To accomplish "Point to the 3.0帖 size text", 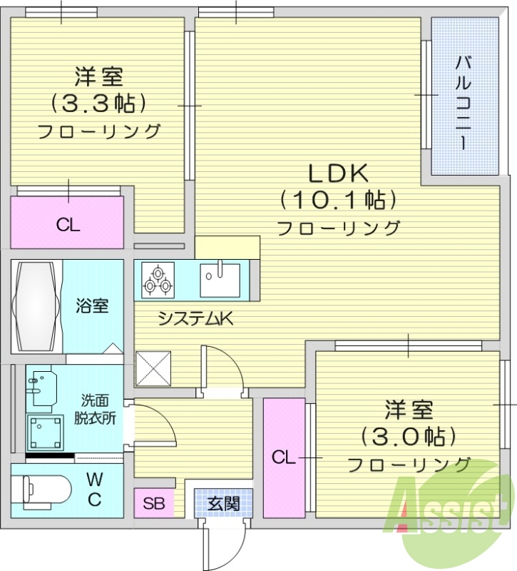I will click(x=409, y=435).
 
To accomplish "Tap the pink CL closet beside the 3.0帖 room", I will click(x=283, y=458).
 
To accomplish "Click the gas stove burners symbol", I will click(x=158, y=279).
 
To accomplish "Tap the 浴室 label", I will click(x=93, y=306).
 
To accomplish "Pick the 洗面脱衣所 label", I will click(x=94, y=410).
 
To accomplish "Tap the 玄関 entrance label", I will click(x=223, y=502).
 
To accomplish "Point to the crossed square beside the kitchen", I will click(x=153, y=368).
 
